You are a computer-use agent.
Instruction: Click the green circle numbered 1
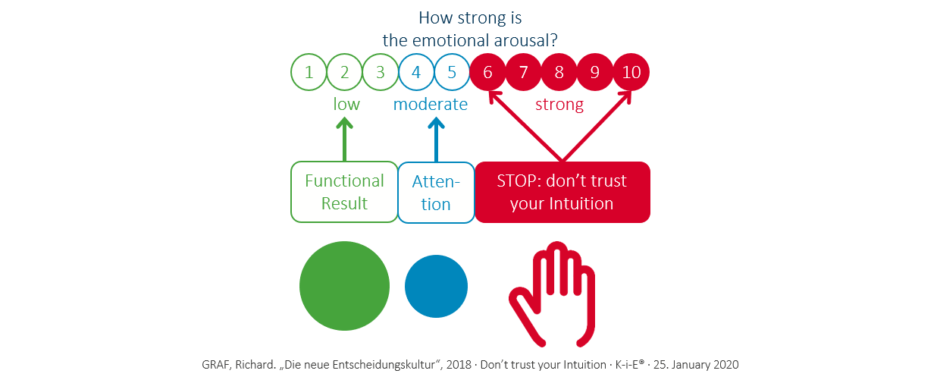[309, 73]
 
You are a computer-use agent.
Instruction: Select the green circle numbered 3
[381, 73]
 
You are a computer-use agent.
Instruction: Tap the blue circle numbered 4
[416, 73]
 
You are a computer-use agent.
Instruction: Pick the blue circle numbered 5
[452, 73]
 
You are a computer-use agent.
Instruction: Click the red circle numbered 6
[487, 73]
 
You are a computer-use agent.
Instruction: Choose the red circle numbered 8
[559, 73]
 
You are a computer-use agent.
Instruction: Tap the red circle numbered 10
[631, 73]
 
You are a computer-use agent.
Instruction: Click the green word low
[346, 104]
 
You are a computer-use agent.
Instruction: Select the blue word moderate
[430, 104]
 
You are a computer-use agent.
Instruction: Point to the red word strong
[559, 104]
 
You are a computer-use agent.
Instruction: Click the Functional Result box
[344, 192]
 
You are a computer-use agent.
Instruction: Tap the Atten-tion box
[435, 192]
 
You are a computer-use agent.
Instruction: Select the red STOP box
[562, 192]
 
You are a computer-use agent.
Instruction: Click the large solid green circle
[344, 285]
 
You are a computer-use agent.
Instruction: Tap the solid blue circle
[436, 285]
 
